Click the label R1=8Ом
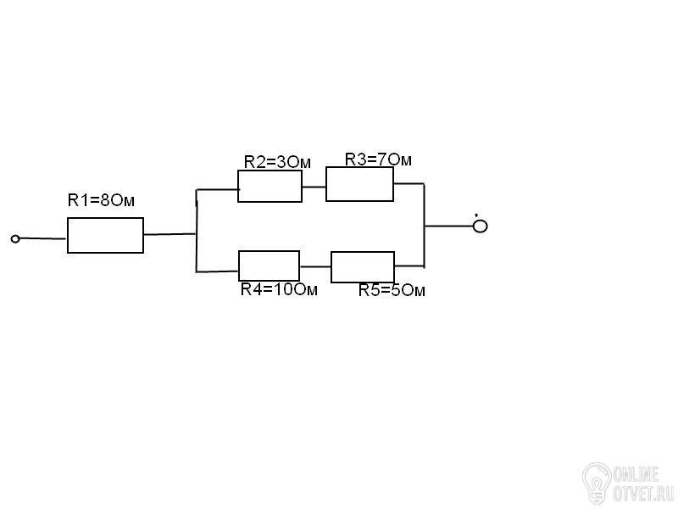point(101,200)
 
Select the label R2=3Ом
point(277,162)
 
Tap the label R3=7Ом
point(378,159)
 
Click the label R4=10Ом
point(279,289)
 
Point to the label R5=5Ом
point(392,290)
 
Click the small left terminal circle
point(15,238)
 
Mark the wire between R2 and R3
point(314,187)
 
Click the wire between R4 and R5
point(315,266)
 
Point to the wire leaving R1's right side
point(170,234)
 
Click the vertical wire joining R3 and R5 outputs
point(425,226)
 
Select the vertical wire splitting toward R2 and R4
point(197,231)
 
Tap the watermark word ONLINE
point(636,475)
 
